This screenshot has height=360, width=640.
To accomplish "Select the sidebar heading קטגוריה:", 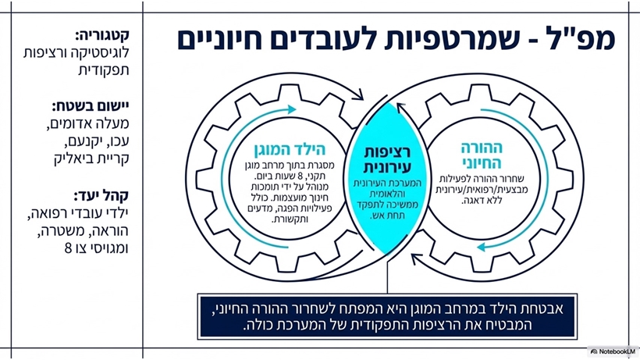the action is (102, 35).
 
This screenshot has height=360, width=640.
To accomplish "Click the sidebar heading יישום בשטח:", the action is (91, 106).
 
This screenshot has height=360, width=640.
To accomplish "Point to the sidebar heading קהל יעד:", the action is (101, 196).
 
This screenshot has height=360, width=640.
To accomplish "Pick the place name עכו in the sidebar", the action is (119, 141).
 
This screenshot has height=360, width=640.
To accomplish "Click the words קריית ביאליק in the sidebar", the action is (91, 159).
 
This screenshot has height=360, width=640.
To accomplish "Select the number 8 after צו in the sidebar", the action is (68, 248).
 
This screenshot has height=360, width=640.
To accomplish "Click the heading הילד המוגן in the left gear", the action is (290, 150).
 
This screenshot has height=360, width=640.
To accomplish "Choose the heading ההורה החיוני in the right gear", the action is (482, 155).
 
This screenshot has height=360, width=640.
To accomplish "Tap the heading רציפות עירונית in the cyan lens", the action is (387, 159).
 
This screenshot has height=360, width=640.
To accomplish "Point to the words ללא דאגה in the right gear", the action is (482, 201).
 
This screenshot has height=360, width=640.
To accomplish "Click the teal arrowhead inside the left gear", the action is (291, 109).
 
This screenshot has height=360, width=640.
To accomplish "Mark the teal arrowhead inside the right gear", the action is (482, 247).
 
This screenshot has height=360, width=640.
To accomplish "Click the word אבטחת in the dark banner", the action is (544, 308).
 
